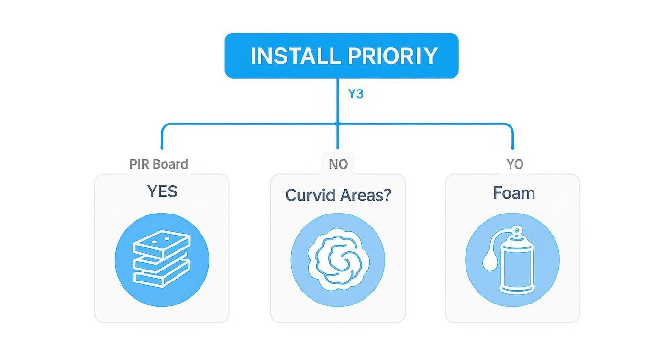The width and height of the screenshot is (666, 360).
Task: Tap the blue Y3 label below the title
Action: coord(355,94)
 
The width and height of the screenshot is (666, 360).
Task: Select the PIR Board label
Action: coord(158,164)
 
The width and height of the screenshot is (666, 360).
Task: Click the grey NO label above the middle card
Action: coord(338,164)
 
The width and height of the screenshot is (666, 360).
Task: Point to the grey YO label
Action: coord(515,164)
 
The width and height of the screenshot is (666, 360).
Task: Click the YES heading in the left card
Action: coord(162,191)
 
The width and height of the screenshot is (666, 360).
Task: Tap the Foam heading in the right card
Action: coord(513,193)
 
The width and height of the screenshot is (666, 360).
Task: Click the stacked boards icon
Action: coord(162,260)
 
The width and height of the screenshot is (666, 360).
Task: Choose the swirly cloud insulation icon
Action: coord(338,260)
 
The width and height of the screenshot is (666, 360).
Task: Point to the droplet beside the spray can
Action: coord(488,261)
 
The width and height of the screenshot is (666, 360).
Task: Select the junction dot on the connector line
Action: coord(338,124)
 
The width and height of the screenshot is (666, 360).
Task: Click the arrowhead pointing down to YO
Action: coord(512,148)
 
